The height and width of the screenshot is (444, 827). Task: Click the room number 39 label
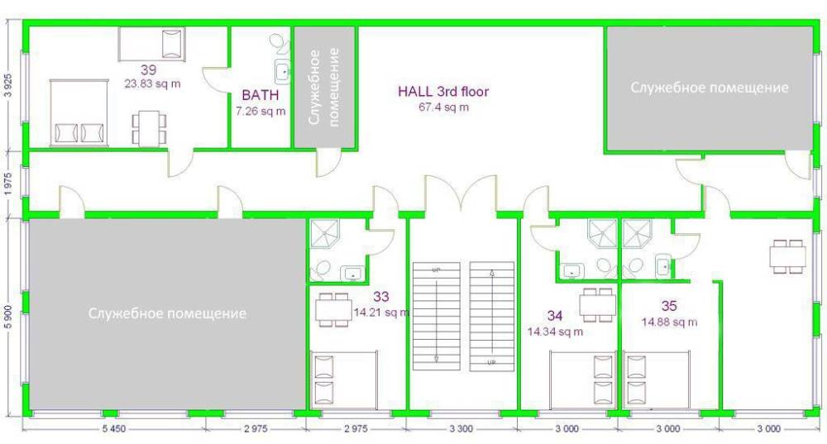(148, 69)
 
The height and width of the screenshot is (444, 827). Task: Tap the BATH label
(260, 95)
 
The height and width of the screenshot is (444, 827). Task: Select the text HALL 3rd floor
(443, 91)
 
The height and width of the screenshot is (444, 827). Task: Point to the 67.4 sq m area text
(443, 107)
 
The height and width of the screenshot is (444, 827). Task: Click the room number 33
(380, 296)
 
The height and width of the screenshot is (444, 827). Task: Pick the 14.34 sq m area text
(555, 332)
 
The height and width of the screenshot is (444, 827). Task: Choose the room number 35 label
(669, 306)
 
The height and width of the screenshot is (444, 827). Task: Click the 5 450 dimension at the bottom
(114, 429)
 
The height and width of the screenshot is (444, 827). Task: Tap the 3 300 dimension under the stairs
(461, 429)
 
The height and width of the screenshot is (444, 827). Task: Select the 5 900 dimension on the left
(7, 315)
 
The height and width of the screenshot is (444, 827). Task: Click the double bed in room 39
(79, 112)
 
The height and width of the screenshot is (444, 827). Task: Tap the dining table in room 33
(333, 310)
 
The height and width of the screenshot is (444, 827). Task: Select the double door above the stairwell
(461, 195)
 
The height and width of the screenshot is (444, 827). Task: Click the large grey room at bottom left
(167, 313)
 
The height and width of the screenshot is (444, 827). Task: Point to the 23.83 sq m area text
(152, 84)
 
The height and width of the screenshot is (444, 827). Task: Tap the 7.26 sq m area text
(261, 112)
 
